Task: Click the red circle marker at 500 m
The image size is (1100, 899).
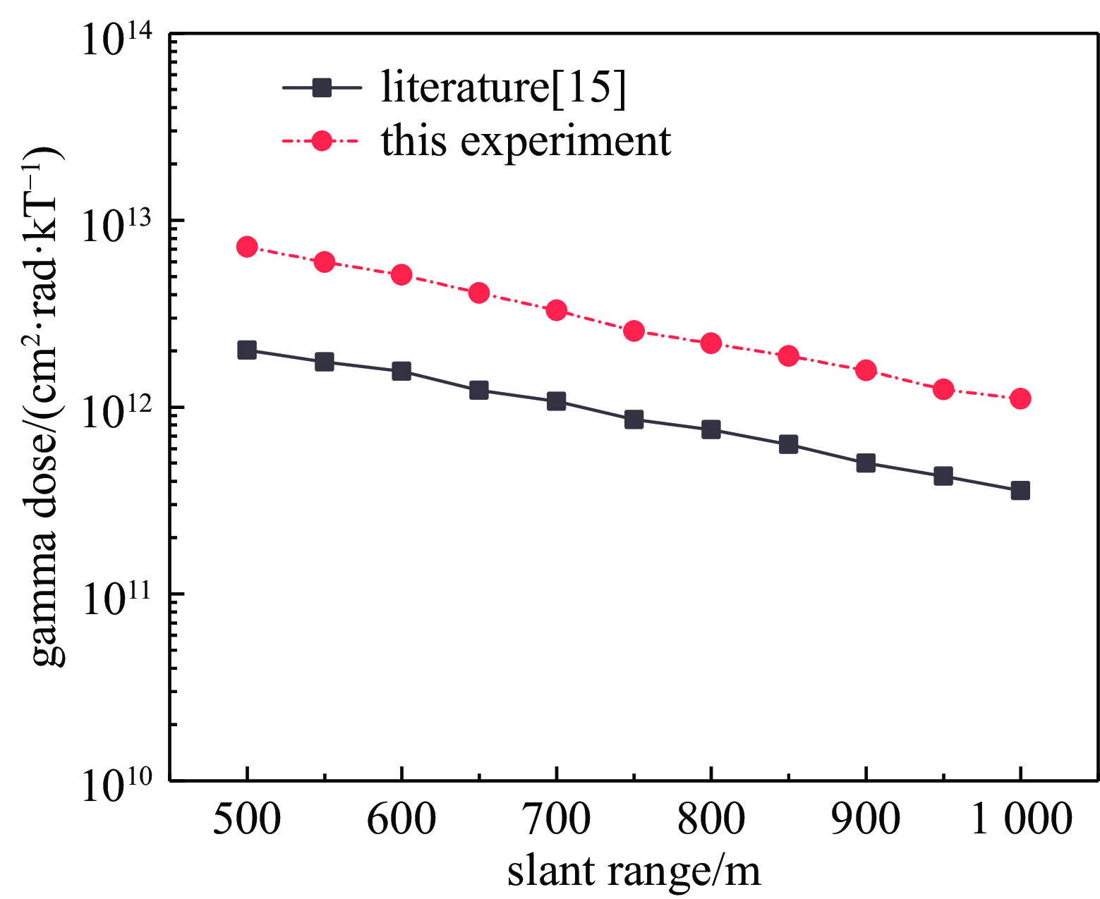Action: click(247, 247)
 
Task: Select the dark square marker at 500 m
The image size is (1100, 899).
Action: click(247, 350)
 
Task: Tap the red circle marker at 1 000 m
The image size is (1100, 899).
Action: click(1020, 398)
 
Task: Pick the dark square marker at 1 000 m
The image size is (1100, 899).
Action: click(1020, 491)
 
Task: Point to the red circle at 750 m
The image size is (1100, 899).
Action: click(634, 331)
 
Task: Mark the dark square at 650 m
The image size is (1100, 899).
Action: click(479, 390)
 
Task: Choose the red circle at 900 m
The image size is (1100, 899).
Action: click(866, 370)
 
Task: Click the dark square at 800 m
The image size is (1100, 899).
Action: click(711, 429)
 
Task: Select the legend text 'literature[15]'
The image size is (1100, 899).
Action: click(503, 87)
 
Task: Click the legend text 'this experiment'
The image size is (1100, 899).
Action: click(526, 141)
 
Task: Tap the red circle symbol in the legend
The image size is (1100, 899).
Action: click(322, 141)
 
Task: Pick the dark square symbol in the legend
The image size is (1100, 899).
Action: click(322, 88)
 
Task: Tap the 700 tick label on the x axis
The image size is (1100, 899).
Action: click(556, 819)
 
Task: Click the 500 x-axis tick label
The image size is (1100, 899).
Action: click(247, 819)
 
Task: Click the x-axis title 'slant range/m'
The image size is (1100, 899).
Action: click(634, 871)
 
